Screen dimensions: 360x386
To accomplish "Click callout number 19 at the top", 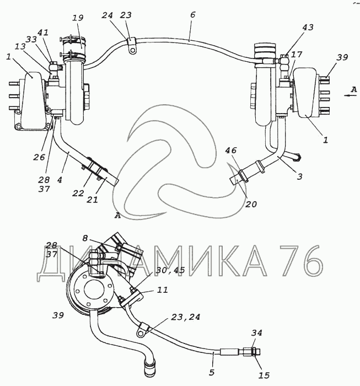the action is [x=78, y=18].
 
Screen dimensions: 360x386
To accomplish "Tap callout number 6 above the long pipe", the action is [x=192, y=15].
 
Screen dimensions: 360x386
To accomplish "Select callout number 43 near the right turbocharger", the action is [x=308, y=27].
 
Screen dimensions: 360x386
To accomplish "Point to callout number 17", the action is [x=297, y=54].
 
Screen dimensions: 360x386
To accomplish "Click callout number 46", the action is [x=230, y=150].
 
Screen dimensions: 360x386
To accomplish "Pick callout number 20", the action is [x=251, y=204].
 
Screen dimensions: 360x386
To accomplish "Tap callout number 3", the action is [x=299, y=176].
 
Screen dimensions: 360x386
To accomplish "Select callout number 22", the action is [x=78, y=193].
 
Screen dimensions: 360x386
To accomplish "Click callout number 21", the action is [x=92, y=200].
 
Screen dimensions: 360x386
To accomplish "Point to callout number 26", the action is [x=39, y=157].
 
